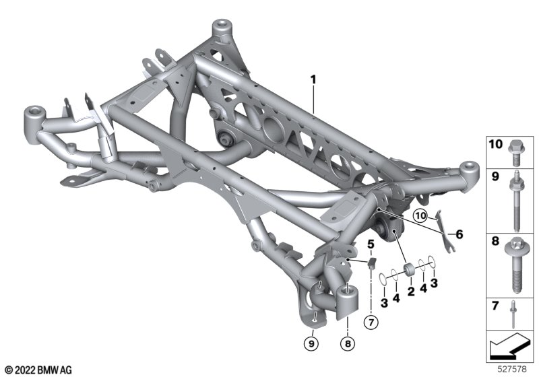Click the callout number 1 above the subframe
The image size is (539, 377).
pyautogui.click(x=313, y=80)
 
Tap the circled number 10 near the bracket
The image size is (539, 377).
pyautogui.click(x=420, y=215)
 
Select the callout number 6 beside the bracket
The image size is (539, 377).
pyautogui.click(x=459, y=234)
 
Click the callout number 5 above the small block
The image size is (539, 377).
pyautogui.click(x=370, y=244)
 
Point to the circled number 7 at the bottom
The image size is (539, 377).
pyautogui.click(x=371, y=322)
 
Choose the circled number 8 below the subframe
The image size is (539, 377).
pyautogui.click(x=348, y=343)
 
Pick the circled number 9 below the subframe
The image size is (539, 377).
pyautogui.click(x=311, y=343)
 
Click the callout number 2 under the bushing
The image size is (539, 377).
pyautogui.click(x=411, y=292)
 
